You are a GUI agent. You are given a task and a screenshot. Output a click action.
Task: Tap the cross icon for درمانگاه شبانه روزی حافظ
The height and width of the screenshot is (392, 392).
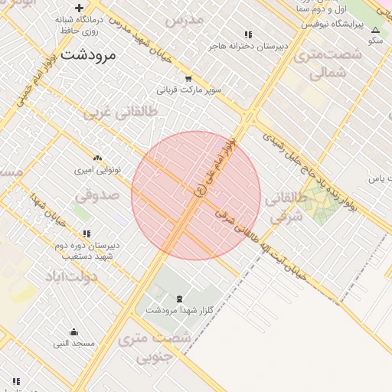(80, 8)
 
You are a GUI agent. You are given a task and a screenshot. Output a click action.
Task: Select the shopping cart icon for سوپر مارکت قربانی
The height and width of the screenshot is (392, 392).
(188, 79)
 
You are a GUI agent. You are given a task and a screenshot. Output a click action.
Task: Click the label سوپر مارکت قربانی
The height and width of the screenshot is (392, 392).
(189, 90)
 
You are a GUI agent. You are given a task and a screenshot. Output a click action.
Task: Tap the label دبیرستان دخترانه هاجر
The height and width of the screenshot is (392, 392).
(250, 46)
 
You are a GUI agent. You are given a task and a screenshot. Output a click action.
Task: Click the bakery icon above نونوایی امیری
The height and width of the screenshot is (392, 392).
(96, 157)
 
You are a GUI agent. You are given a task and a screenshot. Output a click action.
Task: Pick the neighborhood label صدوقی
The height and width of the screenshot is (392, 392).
(97, 194)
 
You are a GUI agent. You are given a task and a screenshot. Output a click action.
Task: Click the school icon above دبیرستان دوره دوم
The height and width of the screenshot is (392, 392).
(87, 234)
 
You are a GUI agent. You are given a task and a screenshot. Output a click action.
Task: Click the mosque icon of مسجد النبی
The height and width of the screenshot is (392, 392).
(73, 332)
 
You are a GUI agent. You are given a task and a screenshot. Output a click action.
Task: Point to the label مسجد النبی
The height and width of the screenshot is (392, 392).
(74, 344)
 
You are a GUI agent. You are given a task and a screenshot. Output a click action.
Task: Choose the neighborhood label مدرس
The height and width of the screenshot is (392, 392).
(185, 18)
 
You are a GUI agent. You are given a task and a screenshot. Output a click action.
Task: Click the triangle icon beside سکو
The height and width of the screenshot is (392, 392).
(375, 31)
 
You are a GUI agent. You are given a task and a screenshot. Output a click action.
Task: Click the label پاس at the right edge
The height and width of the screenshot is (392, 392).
(375, 178)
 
